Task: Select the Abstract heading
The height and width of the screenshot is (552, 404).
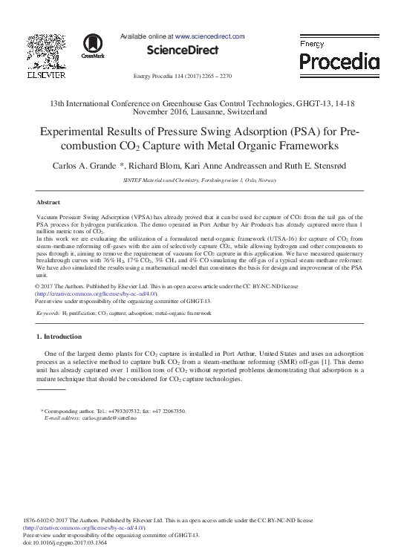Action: click(48, 201)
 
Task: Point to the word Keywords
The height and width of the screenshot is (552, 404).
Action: click(48, 314)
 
